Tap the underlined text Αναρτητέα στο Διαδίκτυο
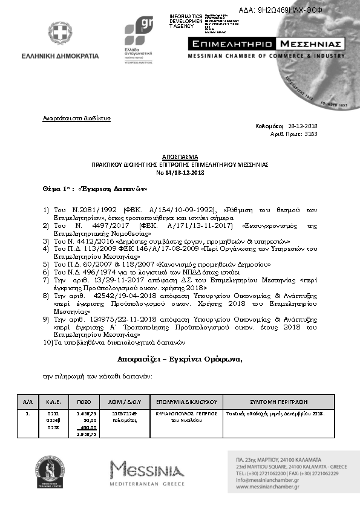[76, 118]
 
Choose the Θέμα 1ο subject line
[95, 188]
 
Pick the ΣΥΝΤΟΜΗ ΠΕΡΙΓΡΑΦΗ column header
[279, 401]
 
